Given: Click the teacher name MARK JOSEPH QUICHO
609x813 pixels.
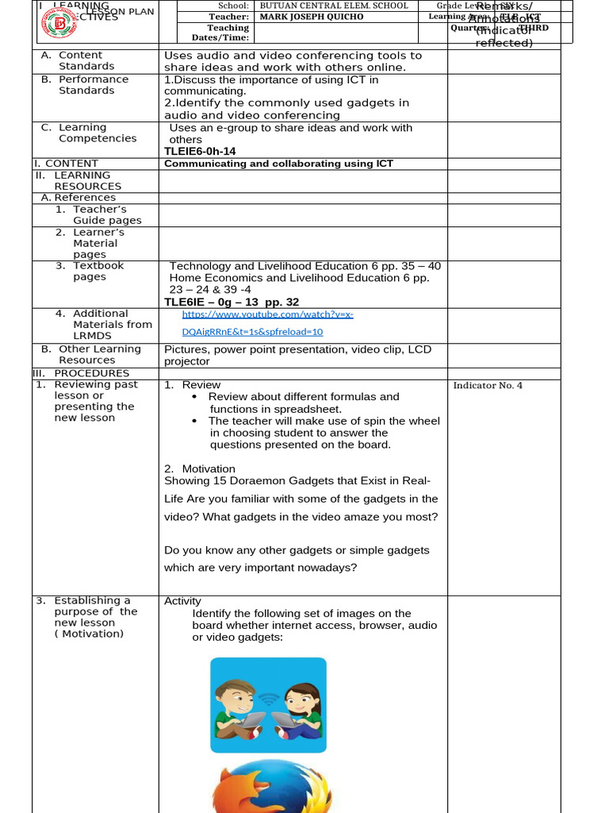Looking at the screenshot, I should pos(312,17).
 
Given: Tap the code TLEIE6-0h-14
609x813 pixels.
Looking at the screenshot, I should pos(200,151).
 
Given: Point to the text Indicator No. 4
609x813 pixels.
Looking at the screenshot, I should pos(488,386).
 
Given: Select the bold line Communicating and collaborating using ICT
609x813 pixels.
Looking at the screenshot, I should pos(278,164).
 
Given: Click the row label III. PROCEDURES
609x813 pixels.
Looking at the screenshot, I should pos(81,373).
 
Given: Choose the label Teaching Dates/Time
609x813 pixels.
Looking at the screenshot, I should pos(228,33).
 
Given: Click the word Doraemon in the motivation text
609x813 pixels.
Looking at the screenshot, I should pos(273,480).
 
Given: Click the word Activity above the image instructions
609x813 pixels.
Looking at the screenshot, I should pos(182,601).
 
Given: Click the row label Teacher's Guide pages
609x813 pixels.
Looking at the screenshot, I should pos(106,215).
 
